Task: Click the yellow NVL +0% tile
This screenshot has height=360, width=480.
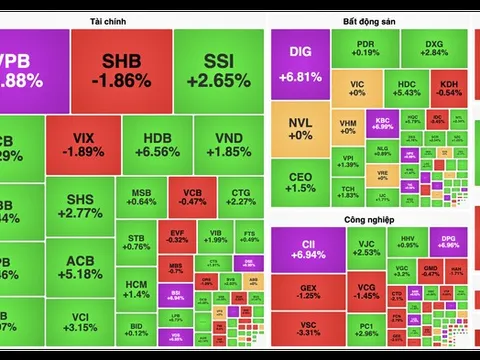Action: coord(300,129)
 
